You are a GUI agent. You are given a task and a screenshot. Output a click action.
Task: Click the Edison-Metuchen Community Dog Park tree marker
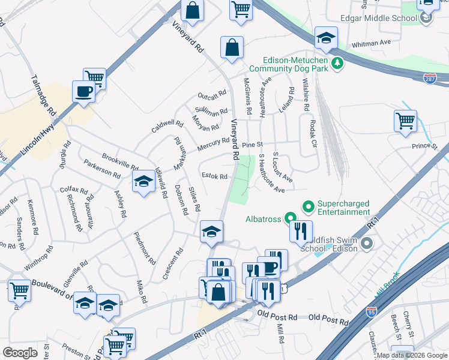click(x=337, y=62)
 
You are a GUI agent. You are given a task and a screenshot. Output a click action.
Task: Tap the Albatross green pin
click(x=291, y=219)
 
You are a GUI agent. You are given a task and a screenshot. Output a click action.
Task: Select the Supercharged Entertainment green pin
click(x=309, y=208)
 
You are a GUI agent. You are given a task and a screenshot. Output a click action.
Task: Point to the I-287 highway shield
click(x=430, y=79)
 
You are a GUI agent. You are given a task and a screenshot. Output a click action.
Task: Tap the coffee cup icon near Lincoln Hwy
click(x=83, y=91)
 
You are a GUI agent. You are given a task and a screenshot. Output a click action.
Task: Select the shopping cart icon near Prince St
click(x=405, y=120)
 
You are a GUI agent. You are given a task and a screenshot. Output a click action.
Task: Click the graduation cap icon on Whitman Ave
click(x=326, y=39)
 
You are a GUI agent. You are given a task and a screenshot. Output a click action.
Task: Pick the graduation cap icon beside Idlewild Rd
click(x=143, y=182)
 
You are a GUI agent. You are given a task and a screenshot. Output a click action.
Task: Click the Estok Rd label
click(x=214, y=177)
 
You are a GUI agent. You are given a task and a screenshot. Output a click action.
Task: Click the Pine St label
click(x=253, y=145)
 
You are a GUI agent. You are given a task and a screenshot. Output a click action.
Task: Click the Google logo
click(x=20, y=353)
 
